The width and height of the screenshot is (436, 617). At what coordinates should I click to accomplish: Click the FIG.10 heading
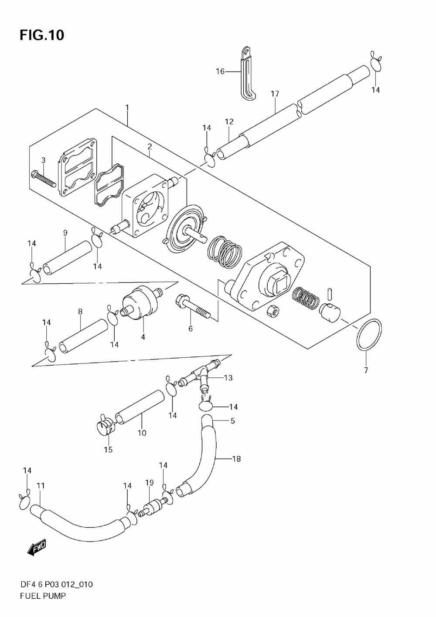point(42,35)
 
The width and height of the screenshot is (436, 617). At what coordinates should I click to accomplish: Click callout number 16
point(220,71)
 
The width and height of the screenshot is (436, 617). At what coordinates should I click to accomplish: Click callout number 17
point(275,94)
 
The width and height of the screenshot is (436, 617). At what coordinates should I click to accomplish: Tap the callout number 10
point(142,433)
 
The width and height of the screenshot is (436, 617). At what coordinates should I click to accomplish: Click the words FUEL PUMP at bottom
point(43,596)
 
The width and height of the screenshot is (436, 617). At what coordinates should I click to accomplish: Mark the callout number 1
point(127,108)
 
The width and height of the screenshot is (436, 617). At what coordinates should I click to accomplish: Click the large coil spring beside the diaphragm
point(225,252)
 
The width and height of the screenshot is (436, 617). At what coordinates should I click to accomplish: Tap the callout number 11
point(41,485)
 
